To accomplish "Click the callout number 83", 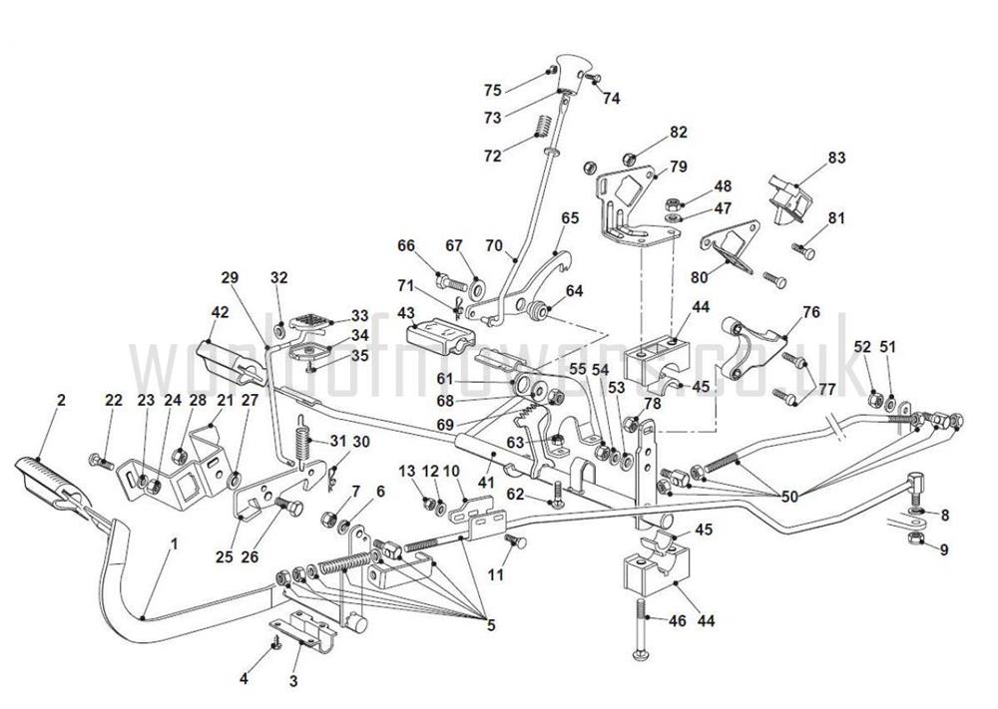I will (836, 158).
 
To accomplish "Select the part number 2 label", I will (61, 400).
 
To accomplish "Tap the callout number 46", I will (677, 621).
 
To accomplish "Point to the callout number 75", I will (492, 90).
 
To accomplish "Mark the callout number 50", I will (790, 496).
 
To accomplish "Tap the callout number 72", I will (492, 156).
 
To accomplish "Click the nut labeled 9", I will (915, 538).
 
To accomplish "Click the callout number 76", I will (811, 313).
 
